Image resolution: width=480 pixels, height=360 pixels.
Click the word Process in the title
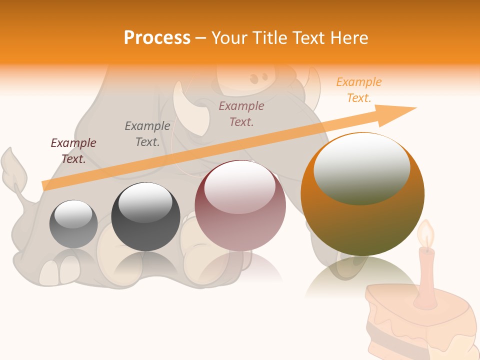tap(157, 38)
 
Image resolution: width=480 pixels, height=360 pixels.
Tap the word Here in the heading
tap(349, 38)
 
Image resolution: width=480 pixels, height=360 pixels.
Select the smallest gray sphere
tap(73, 224)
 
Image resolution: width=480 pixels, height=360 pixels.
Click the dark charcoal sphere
tap(145, 217)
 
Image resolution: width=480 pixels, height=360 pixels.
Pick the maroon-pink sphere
tap(240, 205)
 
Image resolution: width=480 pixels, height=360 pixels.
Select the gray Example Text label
tap(147, 134)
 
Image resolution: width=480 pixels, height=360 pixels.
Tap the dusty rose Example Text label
tap(241, 113)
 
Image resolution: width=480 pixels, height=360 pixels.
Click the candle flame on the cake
tap(426, 234)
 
